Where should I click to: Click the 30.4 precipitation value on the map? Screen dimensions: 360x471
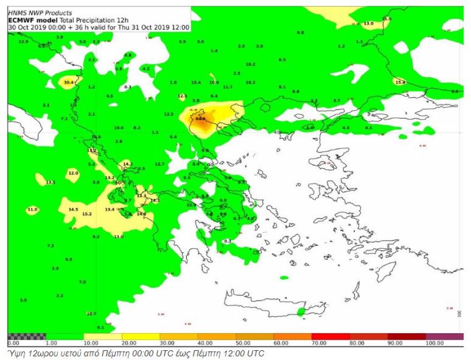[x=69, y=82]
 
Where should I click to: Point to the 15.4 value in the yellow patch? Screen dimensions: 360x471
[x=399, y=82]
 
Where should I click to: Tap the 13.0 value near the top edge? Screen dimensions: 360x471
[x=368, y=24]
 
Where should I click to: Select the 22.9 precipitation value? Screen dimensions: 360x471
[x=191, y=205]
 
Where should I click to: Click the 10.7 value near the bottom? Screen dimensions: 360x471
[x=91, y=313]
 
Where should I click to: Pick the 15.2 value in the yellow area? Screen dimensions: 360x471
[x=87, y=214]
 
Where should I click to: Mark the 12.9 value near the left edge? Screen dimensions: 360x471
[x=23, y=41]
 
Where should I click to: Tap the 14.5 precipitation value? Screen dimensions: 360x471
[x=73, y=209]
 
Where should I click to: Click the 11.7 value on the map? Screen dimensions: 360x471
[x=227, y=87]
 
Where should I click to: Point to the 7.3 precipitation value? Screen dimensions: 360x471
[x=50, y=246]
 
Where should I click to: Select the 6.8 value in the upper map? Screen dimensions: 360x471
[x=300, y=33]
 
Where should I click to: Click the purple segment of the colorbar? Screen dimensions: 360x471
[x=444, y=336]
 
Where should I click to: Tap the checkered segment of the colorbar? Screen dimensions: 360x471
[x=27, y=336]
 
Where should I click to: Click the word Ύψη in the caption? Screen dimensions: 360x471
[x=14, y=354]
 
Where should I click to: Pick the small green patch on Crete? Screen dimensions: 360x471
[x=301, y=311]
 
